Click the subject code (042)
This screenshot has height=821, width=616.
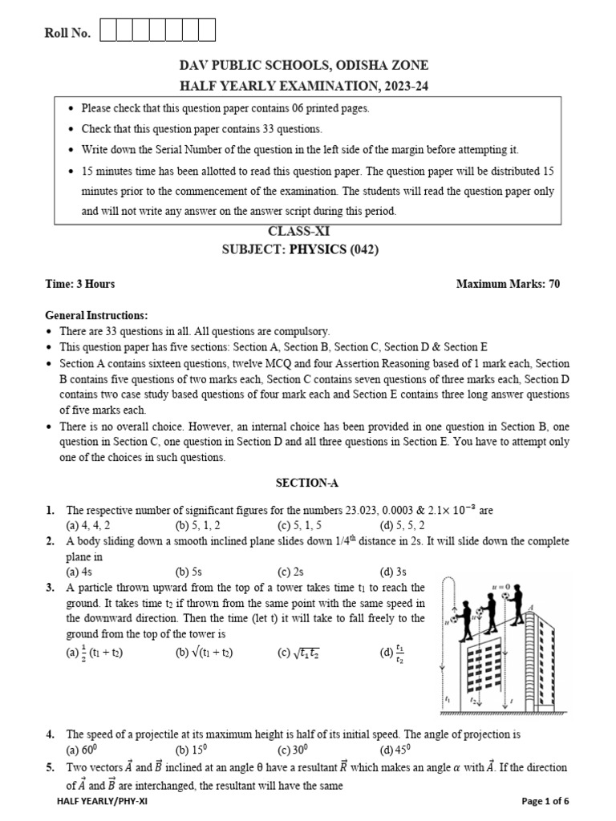pyautogui.click(x=358, y=249)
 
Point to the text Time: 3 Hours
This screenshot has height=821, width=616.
pyautogui.click(x=80, y=284)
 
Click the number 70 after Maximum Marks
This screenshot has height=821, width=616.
pyautogui.click(x=553, y=284)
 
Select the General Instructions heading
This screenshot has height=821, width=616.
pyautogui.click(x=96, y=315)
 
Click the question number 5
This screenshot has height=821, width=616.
pyautogui.click(x=50, y=767)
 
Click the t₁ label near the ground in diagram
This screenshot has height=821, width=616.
pyautogui.click(x=447, y=700)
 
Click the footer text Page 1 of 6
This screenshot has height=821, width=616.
pyautogui.click(x=545, y=801)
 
